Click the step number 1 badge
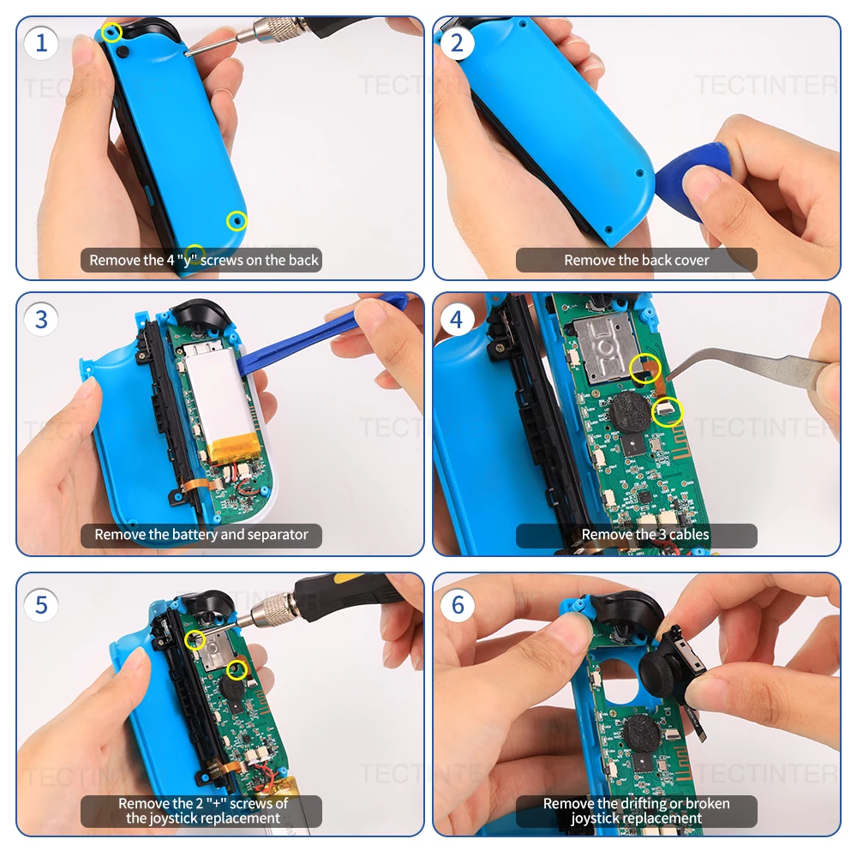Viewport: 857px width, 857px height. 41,43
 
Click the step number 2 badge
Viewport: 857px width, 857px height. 458,43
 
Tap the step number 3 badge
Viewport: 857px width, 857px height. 41,319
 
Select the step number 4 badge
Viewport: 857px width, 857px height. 458,319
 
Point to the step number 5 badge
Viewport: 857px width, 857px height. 41,605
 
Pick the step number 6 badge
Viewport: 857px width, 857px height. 458,605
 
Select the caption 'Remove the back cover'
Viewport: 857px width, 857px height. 636,261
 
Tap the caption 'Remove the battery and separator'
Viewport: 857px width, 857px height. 201,535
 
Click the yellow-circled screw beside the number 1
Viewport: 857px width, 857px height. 111,33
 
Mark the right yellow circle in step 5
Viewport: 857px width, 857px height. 237,670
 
